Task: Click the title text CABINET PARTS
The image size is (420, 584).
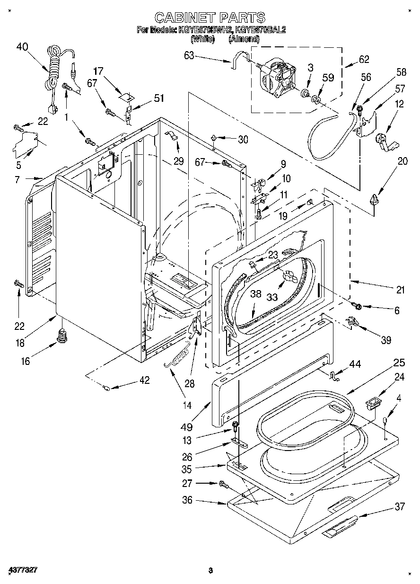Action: point(210,18)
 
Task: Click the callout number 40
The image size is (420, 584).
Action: point(22,46)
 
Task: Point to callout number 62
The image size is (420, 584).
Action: point(364,60)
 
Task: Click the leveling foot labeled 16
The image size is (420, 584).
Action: point(61,337)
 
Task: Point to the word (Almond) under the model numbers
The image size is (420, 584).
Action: point(244,40)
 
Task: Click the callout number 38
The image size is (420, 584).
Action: point(255,293)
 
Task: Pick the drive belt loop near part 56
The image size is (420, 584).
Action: point(326,135)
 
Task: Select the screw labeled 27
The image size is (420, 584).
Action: point(223,484)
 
